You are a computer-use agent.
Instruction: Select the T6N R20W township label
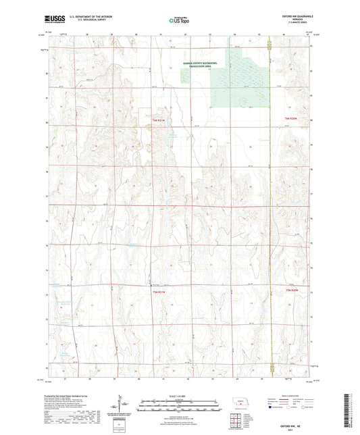click(291, 120)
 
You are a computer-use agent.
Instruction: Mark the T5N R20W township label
click(291, 291)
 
